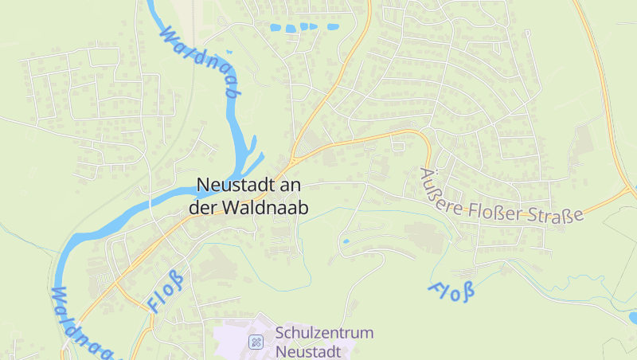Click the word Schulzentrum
[324, 333]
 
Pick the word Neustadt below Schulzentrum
[307, 350]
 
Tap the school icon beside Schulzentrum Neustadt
[256, 342]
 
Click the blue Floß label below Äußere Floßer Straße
[452, 292]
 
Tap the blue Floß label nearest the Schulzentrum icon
[166, 292]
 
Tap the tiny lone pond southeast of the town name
[346, 240]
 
